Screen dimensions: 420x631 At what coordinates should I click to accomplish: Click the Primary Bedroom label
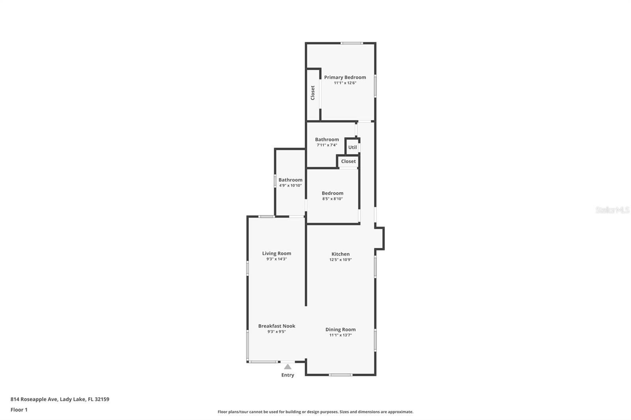pos(345,77)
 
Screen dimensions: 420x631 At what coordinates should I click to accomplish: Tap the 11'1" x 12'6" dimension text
pos(345,83)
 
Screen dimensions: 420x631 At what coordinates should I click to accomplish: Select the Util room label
pos(352,147)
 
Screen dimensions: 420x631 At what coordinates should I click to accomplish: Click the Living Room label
pos(276,253)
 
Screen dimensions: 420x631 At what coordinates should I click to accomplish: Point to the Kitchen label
pos(340,254)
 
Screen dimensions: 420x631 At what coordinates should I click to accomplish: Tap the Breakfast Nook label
pos(276,326)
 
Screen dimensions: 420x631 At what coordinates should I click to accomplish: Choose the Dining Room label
pos(340,329)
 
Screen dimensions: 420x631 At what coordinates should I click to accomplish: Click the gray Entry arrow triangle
pos(288,367)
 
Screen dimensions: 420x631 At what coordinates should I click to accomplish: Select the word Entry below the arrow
pos(287,375)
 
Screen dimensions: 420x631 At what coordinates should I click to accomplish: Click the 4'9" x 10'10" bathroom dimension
pos(290,186)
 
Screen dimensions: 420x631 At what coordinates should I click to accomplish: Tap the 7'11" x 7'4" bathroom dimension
pos(327,145)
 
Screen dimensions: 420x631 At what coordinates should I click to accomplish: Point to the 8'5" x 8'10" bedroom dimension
pos(332,199)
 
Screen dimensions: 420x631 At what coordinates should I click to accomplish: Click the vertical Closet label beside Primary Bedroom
pos(313,93)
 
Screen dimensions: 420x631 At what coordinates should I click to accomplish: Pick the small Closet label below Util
pos(348,161)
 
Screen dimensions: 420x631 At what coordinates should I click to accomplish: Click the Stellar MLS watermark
pos(612,210)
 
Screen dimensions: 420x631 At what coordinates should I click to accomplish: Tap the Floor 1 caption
pos(19,410)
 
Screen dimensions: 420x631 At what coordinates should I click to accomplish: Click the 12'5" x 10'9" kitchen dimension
pos(340,260)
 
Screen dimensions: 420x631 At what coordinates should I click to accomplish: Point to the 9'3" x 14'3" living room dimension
pos(276,259)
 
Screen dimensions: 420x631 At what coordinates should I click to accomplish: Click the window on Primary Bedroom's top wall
pos(351,43)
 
